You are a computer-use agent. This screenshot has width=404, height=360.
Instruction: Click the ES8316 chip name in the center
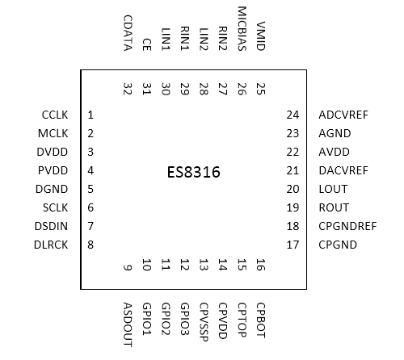193,172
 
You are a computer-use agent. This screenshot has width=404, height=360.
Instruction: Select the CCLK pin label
56,115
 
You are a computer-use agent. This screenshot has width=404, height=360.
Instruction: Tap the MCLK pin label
55,134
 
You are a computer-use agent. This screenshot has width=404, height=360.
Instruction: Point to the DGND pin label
55,190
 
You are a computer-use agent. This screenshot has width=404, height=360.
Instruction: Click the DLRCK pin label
53,245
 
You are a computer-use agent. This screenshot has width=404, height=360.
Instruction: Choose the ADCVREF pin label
343,115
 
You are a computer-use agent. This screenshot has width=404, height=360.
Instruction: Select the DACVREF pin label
343,170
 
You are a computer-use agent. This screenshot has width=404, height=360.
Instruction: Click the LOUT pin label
333,189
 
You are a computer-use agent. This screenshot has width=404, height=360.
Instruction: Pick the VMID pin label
260,37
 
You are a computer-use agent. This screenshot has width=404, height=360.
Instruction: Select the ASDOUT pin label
128,323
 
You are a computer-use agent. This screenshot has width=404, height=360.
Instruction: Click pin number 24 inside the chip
292,115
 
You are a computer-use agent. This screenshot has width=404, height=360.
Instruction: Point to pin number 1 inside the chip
91,115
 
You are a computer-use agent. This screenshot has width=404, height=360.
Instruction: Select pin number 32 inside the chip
128,88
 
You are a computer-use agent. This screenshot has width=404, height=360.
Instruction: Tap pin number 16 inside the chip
260,264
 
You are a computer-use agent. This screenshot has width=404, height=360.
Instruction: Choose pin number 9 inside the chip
128,267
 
